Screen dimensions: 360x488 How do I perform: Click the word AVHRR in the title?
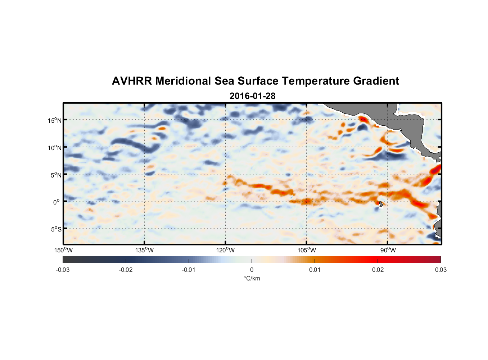click(132, 81)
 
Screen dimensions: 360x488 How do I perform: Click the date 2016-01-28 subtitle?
click(252, 96)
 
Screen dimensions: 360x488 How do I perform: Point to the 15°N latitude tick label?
click(55, 120)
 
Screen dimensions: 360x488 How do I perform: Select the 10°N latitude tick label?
click(55, 148)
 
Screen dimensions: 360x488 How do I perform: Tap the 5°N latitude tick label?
click(56, 175)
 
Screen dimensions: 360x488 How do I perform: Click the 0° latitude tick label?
click(57, 202)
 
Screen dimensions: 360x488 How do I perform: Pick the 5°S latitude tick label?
click(56, 229)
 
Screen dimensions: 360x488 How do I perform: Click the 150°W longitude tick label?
click(63, 250)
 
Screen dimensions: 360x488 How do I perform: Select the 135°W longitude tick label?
click(144, 250)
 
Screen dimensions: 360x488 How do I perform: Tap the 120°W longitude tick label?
click(226, 250)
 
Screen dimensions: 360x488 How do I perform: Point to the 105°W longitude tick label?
click(307, 250)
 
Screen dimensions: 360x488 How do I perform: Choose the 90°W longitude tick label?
click(388, 250)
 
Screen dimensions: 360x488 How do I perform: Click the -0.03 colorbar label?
click(63, 270)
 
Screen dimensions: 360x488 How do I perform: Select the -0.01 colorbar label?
click(189, 270)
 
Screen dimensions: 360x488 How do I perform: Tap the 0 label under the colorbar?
click(252, 270)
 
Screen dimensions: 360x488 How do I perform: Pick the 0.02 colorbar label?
click(378, 270)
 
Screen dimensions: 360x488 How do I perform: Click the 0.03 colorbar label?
click(440, 270)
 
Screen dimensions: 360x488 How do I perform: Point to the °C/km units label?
click(252, 278)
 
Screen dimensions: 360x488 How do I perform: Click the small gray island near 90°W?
click(381, 204)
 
